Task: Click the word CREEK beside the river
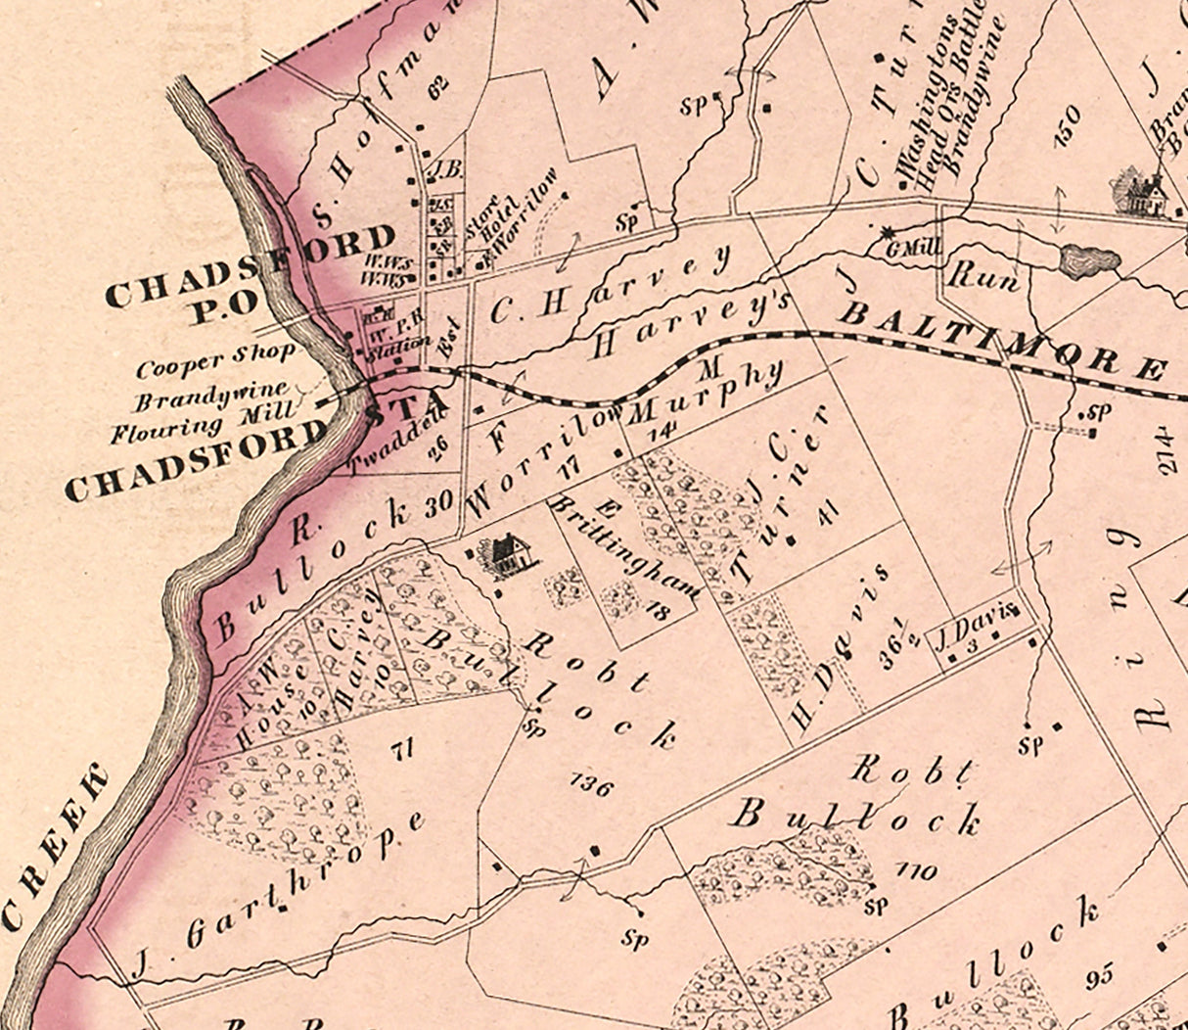click(59, 847)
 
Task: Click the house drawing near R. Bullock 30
click(505, 556)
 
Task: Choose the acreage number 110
click(915, 870)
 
